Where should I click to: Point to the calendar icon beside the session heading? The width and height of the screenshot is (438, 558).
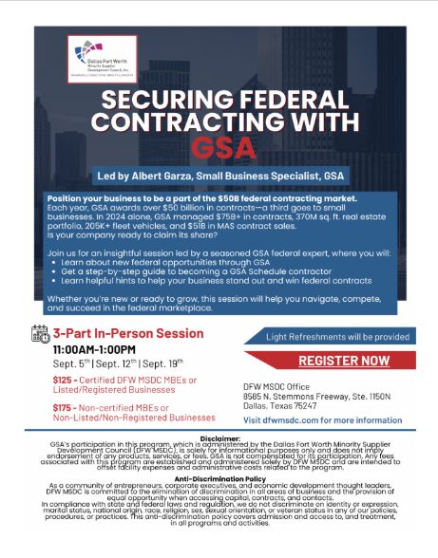(x=41, y=333)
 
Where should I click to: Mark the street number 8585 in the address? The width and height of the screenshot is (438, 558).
(x=255, y=393)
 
